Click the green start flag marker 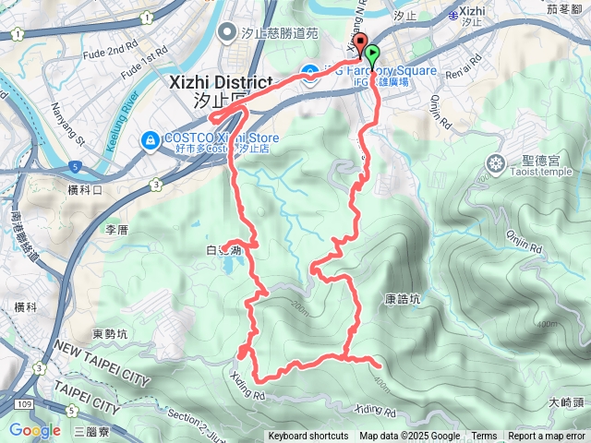tap(372, 54)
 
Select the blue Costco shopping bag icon tap(149, 139)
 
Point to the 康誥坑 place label tap(403, 299)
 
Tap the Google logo tap(34, 430)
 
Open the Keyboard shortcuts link tap(308, 437)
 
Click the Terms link tap(484, 437)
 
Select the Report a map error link tap(547, 437)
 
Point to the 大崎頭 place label tap(565, 401)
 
